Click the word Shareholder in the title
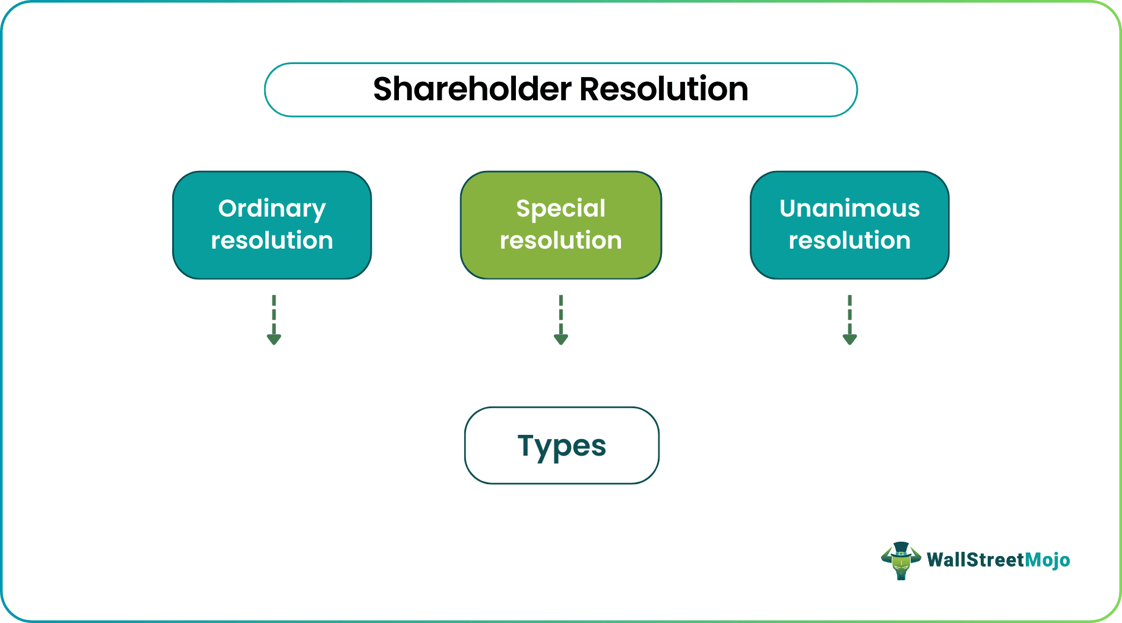[473, 90]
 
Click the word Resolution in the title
[663, 90]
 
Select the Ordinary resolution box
[272, 225]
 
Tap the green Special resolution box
[560, 225]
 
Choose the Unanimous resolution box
[850, 225]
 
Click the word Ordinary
[272, 209]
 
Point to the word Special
[560, 209]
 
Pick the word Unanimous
[850, 209]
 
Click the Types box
[562, 446]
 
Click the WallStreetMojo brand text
[998, 560]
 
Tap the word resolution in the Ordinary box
[272, 241]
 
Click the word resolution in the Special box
[560, 241]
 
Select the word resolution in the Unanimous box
[850, 241]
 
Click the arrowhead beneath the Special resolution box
[560, 339]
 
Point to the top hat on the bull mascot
[901, 548]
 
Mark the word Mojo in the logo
[1047, 560]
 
